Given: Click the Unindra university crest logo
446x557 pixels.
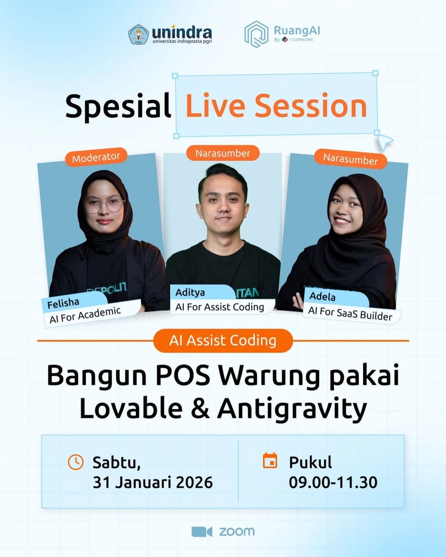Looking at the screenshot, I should click(138, 34).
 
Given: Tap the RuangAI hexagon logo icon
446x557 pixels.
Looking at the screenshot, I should click(256, 34).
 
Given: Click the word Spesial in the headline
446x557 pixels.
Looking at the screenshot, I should click(118, 106).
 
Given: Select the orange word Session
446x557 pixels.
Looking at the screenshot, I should click(311, 106).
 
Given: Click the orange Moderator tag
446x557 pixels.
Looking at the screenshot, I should click(96, 157).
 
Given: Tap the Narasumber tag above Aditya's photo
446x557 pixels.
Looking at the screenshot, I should click(223, 153).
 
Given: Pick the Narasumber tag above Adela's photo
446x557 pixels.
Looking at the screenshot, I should click(350, 159).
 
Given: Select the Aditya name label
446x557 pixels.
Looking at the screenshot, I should click(190, 293).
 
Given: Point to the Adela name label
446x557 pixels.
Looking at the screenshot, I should click(323, 296).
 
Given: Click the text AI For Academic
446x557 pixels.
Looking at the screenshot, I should click(85, 315).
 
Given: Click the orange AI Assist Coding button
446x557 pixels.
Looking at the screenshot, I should click(223, 340).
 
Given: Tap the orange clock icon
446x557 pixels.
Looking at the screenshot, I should click(76, 462).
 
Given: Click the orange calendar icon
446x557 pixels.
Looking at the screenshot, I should click(270, 461).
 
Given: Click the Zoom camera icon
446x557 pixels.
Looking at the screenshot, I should click(202, 531).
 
